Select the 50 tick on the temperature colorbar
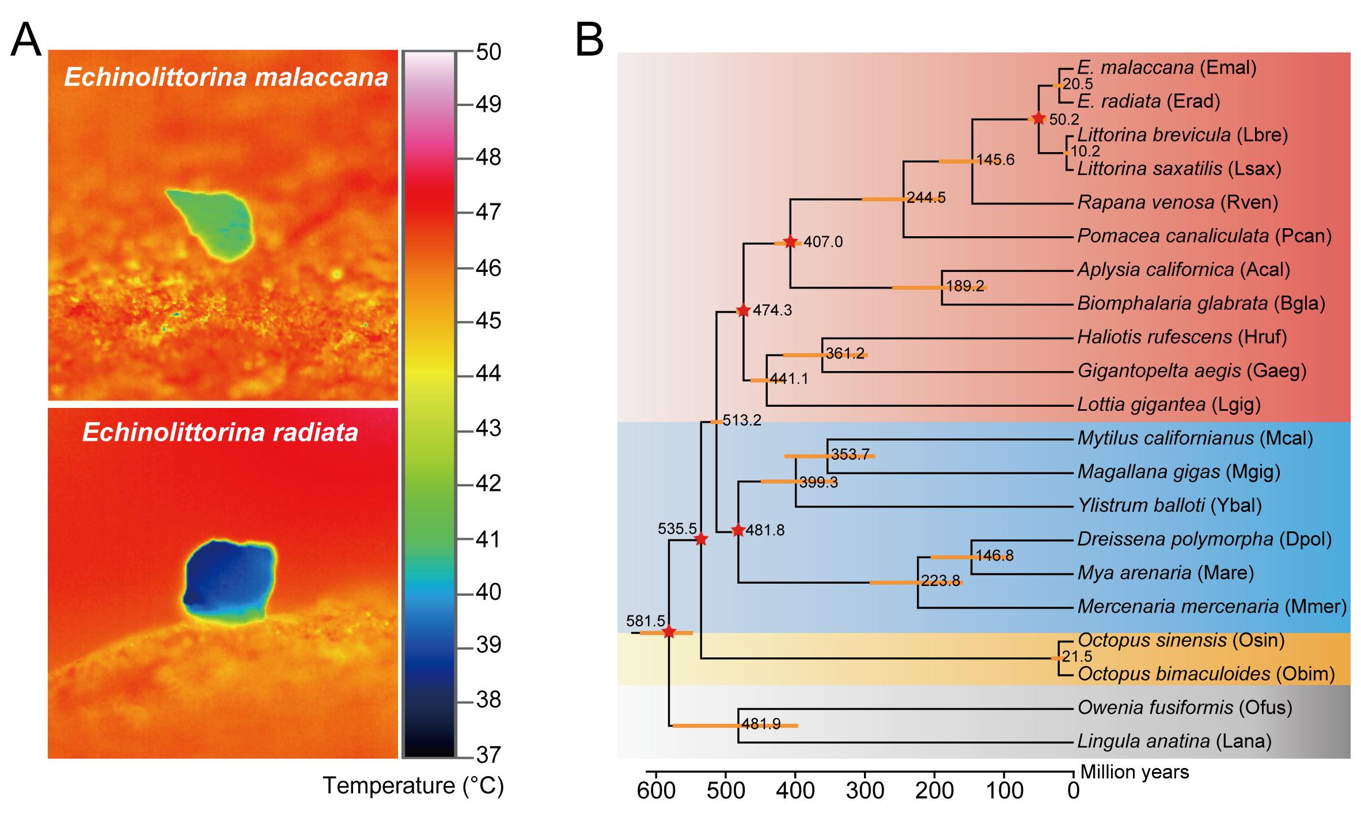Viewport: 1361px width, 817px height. pyautogui.click(x=488, y=52)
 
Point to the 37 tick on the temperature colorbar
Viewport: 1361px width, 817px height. pyautogui.click(x=488, y=754)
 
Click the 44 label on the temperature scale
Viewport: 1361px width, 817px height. pyautogui.click(x=488, y=375)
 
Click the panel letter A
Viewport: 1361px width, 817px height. pyautogui.click(x=26, y=39)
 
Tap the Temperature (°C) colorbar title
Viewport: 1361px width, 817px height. pyautogui.click(x=413, y=785)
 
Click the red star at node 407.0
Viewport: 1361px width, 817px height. pyautogui.click(x=790, y=242)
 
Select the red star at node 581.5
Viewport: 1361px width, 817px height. pyautogui.click(x=669, y=633)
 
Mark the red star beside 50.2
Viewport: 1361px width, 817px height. pyautogui.click(x=1038, y=119)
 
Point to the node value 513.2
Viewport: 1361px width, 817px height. pyautogui.click(x=742, y=421)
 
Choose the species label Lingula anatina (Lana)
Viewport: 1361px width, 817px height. pyautogui.click(x=1174, y=741)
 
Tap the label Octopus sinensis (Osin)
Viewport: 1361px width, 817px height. pyautogui.click(x=1181, y=640)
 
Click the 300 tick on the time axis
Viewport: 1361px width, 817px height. pyautogui.click(x=865, y=790)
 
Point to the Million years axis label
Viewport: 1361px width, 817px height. pyautogui.click(x=1135, y=772)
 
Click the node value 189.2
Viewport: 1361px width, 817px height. pyautogui.click(x=965, y=286)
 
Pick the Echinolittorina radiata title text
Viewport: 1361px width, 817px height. pyautogui.click(x=221, y=432)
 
